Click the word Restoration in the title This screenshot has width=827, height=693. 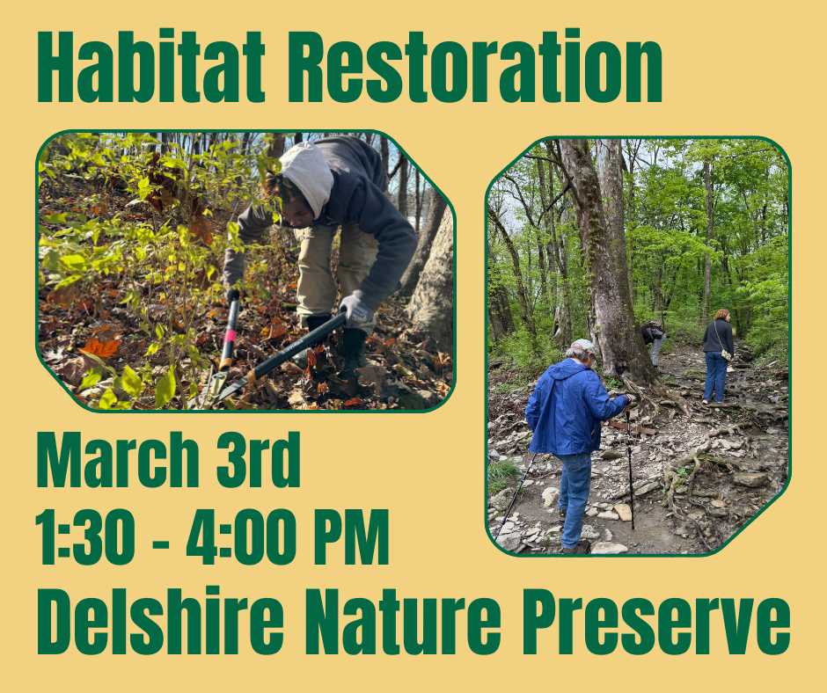[474, 68]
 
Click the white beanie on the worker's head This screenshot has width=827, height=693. [307, 175]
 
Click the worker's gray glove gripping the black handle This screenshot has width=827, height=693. [356, 308]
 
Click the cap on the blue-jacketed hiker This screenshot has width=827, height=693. [582, 346]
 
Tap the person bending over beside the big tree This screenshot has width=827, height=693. [653, 339]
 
